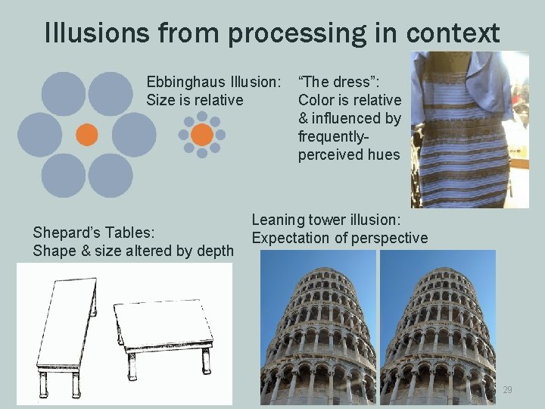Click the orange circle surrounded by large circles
pyautogui.click(x=87, y=135)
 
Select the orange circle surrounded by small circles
pyautogui.click(x=201, y=135)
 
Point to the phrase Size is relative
pyautogui.click(x=195, y=100)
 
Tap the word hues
pyautogui.click(x=384, y=155)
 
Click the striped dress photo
pyautogui.click(x=469, y=129)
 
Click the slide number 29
pyautogui.click(x=507, y=389)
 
